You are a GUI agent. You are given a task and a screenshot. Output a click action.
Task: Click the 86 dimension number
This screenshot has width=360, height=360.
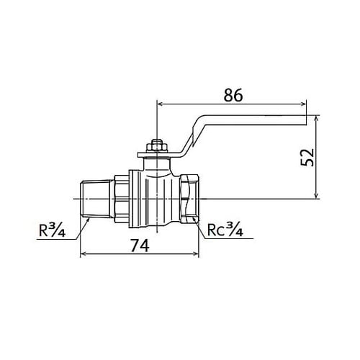point(233,95)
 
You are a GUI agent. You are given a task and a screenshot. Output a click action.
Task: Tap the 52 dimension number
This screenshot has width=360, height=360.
point(307,158)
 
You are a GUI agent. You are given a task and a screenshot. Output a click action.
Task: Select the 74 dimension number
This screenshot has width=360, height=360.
point(140,246)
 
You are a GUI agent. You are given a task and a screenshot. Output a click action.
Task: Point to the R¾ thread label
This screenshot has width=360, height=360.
point(52,230)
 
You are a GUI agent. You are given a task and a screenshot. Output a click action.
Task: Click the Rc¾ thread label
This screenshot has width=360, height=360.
point(225,230)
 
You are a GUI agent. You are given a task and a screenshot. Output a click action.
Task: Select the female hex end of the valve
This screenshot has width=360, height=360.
point(189,199)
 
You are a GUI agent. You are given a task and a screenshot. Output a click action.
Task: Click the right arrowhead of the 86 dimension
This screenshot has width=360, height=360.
point(304,104)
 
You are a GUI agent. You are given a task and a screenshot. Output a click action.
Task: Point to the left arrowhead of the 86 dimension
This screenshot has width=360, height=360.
point(160,104)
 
